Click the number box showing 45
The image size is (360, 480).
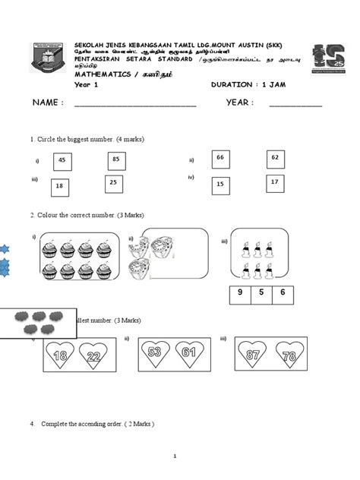point(62,161)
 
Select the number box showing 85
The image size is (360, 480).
point(116,159)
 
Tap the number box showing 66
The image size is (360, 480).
point(221,157)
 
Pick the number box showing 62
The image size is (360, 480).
point(275,158)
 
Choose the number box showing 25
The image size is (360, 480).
point(113,183)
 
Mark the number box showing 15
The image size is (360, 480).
point(221,184)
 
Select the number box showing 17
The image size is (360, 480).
point(275,182)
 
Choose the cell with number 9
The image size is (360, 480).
point(239,292)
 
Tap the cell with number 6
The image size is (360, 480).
point(283,292)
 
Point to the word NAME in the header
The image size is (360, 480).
point(47,103)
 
